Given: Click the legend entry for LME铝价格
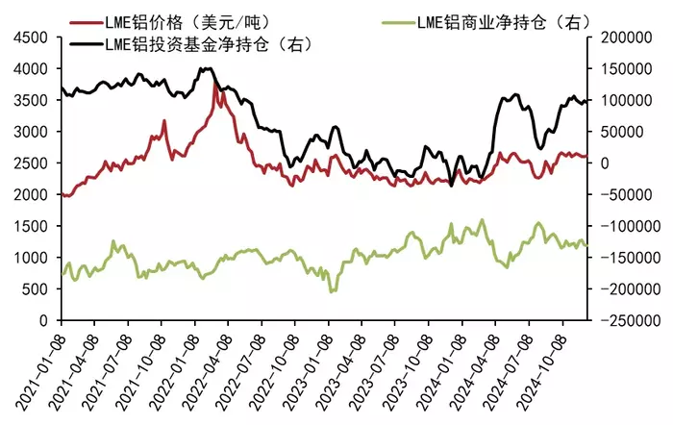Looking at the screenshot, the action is click(x=169, y=22).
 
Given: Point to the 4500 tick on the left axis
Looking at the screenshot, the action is click(x=31, y=37).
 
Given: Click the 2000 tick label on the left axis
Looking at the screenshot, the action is click(x=31, y=194).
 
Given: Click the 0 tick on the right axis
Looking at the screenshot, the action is click(x=605, y=163).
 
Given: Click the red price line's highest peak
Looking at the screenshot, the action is click(x=214, y=83).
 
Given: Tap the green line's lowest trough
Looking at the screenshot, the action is click(x=332, y=292).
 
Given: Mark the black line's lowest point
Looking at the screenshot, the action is click(x=451, y=186).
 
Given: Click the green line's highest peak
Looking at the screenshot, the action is click(x=482, y=220).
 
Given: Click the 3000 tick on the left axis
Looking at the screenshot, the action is click(x=31, y=132).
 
